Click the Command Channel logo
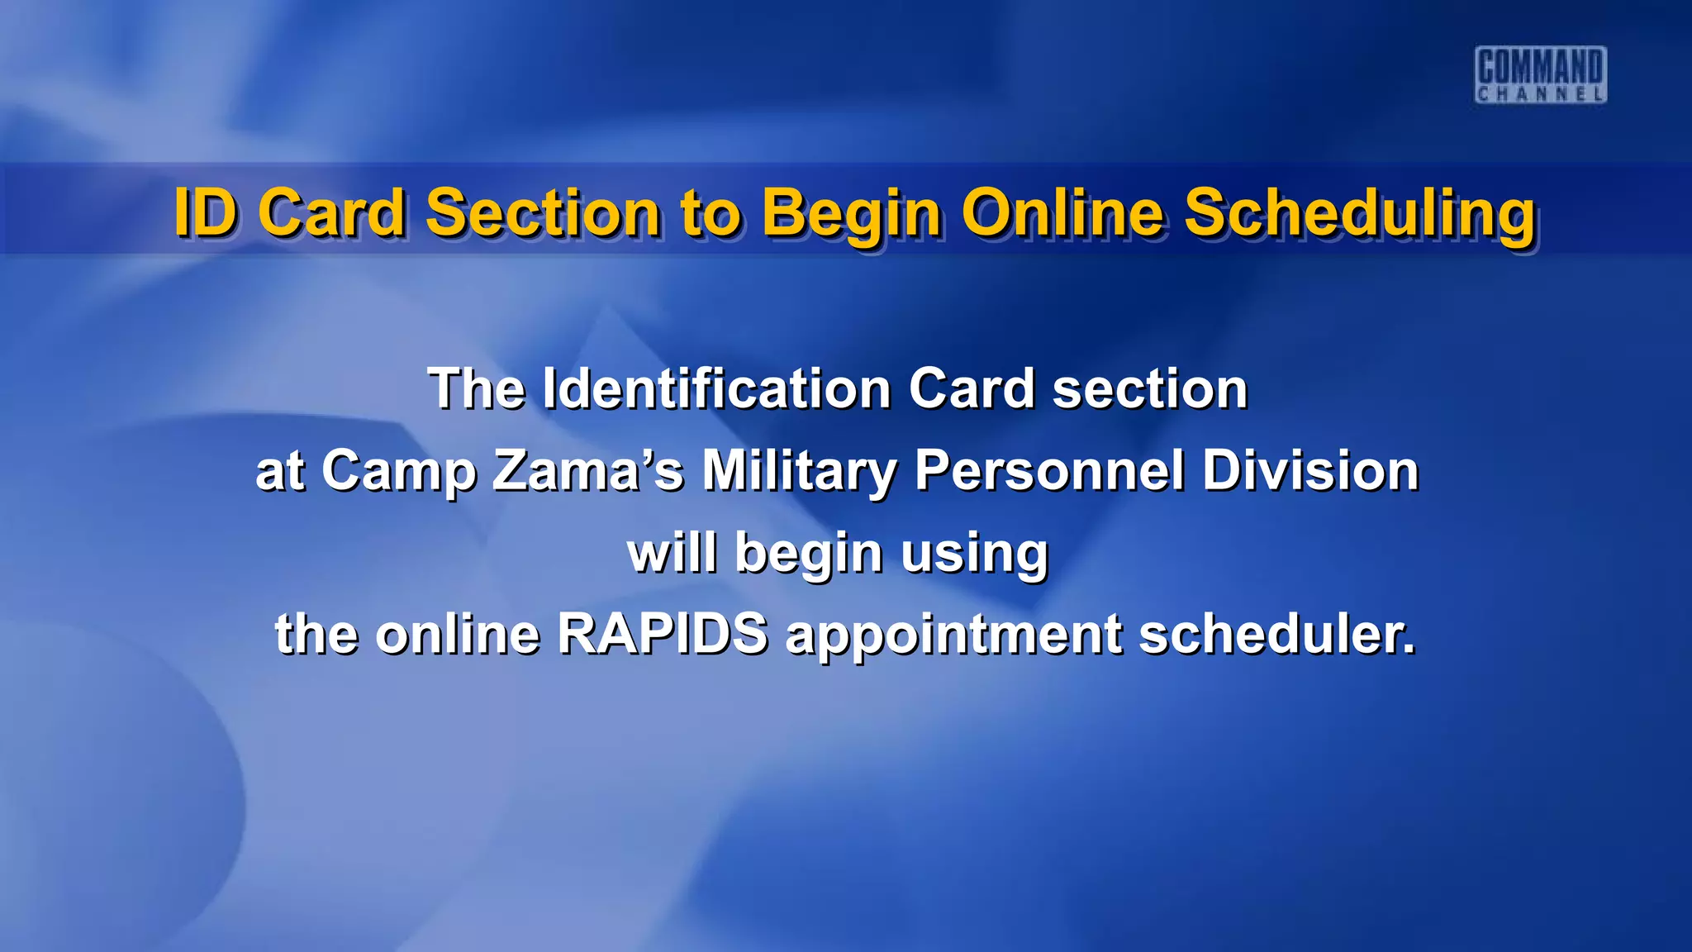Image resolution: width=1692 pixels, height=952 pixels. click(x=1541, y=74)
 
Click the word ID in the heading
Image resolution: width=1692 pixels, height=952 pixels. click(x=207, y=212)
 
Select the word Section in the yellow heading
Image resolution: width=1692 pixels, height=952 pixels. click(x=542, y=212)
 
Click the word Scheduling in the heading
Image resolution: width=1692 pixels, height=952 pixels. click(x=1360, y=214)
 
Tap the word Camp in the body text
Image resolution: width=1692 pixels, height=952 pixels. click(x=398, y=471)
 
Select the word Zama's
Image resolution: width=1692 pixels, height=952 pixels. click(x=587, y=470)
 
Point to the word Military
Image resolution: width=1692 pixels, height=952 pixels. click(x=799, y=471)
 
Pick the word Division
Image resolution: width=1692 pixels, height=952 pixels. click(x=1310, y=470)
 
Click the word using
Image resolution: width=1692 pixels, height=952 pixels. click(x=975, y=554)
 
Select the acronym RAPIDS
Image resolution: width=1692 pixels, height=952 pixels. click(x=663, y=634)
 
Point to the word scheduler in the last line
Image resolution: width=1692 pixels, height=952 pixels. click(x=1277, y=634)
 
